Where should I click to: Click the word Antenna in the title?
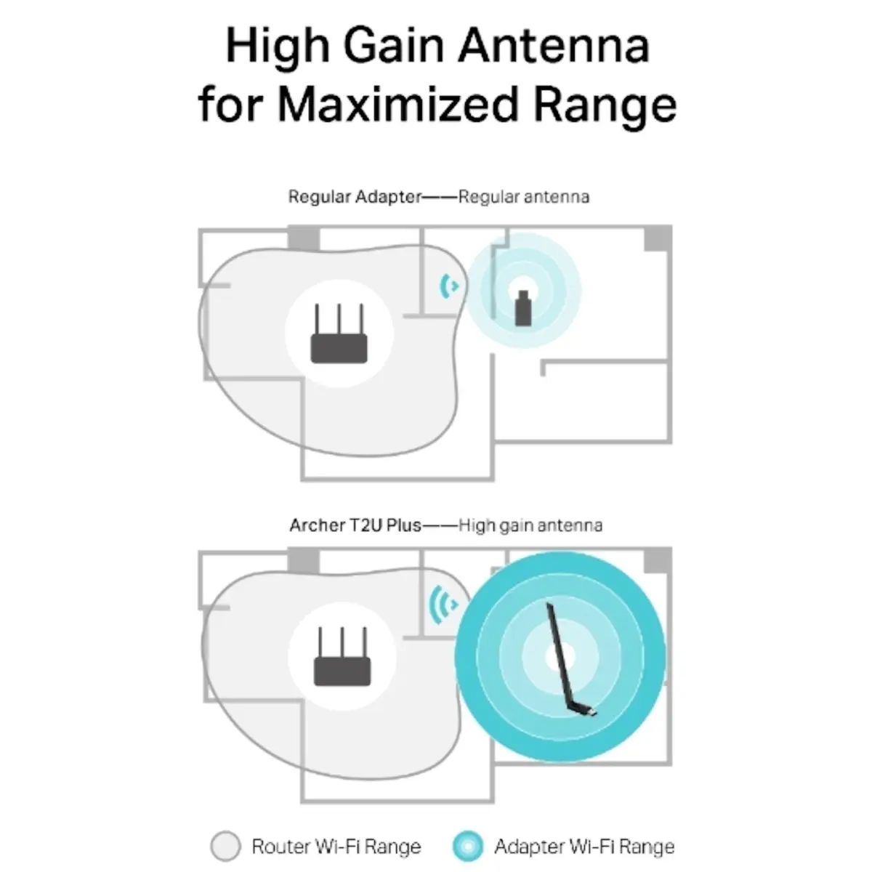[x=554, y=46]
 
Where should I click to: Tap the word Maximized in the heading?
[x=397, y=105]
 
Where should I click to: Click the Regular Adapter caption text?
[x=355, y=197]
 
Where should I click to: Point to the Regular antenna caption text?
[x=523, y=197]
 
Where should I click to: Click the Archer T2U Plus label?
[x=355, y=525]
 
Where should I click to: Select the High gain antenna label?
[x=530, y=526]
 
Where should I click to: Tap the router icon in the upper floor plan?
[x=339, y=333]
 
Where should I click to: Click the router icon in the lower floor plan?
[x=342, y=656]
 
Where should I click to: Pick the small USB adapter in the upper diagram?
[x=523, y=307]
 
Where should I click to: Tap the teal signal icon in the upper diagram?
[x=449, y=286]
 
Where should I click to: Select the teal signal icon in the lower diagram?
[x=443, y=605]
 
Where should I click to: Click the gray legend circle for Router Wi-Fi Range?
[x=225, y=846]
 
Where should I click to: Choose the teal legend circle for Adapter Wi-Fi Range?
[x=468, y=846]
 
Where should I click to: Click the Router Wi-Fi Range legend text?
[x=336, y=847]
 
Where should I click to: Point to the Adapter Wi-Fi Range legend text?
[x=584, y=847]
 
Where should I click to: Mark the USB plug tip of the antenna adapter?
[x=593, y=713]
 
